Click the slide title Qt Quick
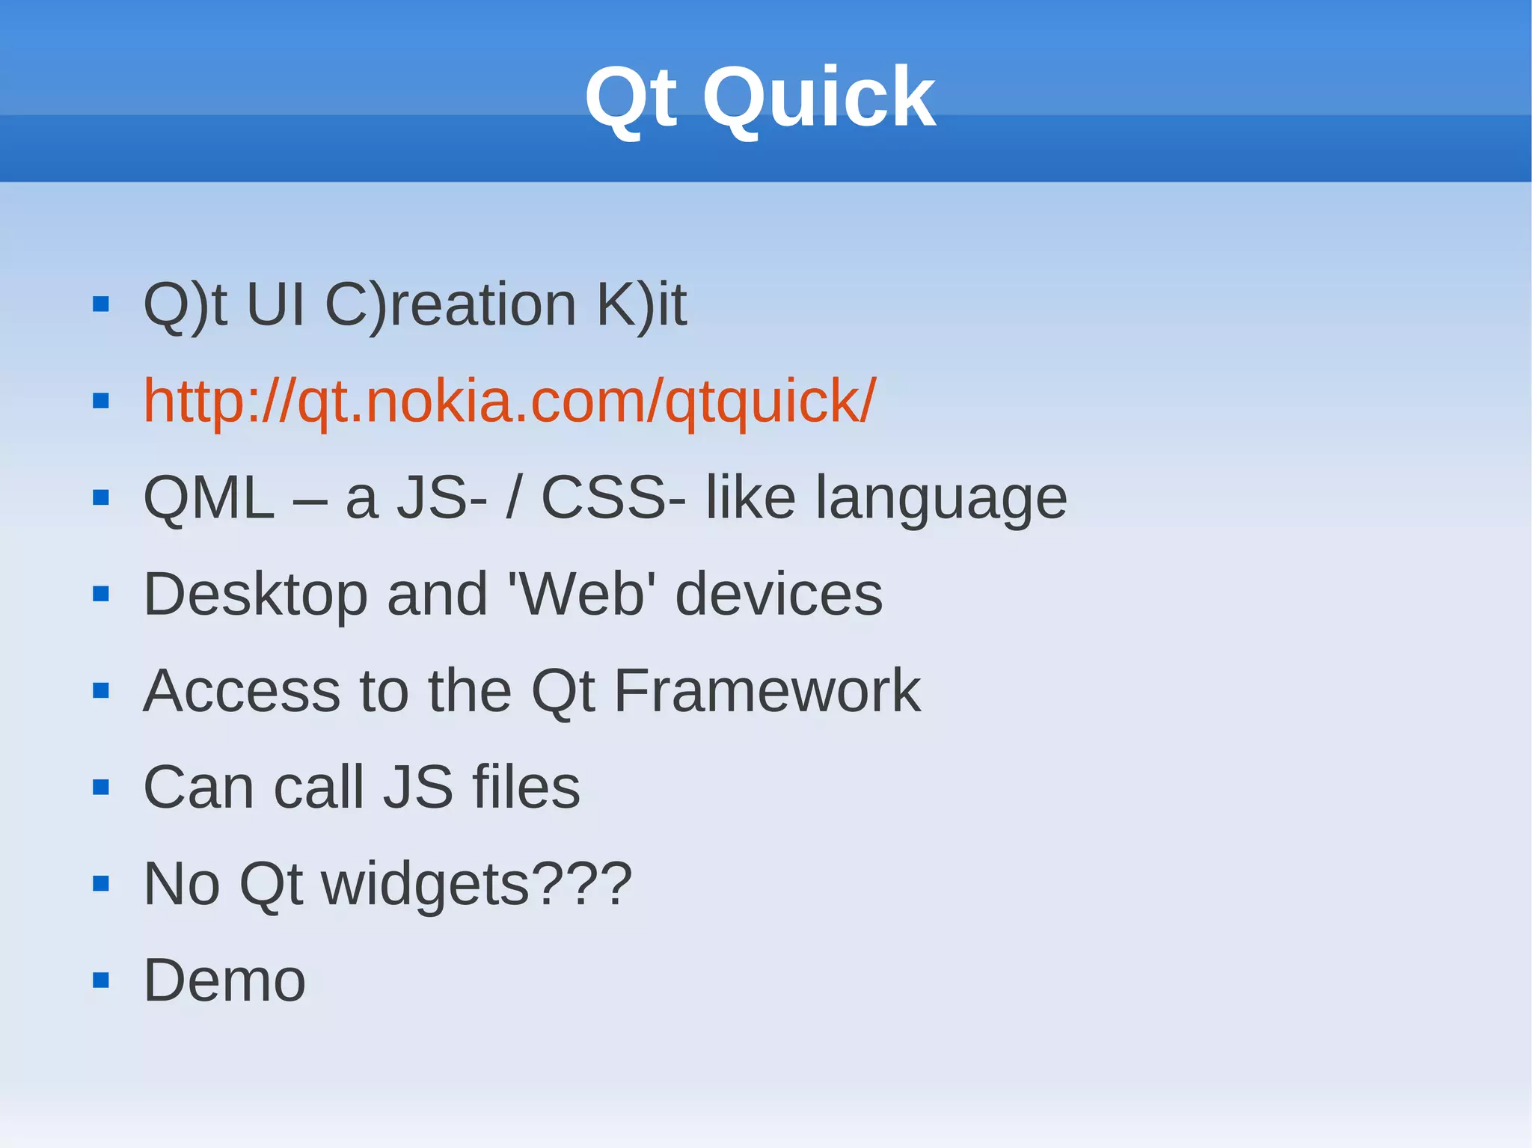(x=759, y=98)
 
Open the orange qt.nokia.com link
(x=509, y=402)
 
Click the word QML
(x=209, y=498)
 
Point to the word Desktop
(x=255, y=595)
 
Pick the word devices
(x=779, y=595)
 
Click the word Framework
(x=767, y=691)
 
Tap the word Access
(x=242, y=691)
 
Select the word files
(x=526, y=788)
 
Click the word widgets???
(x=477, y=885)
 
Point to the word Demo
(x=224, y=980)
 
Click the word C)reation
(x=450, y=305)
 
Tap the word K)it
(x=641, y=305)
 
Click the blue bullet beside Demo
(x=101, y=980)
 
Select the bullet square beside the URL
(x=101, y=402)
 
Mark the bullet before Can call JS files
(x=101, y=788)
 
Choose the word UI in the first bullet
(x=275, y=305)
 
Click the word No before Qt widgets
(x=182, y=885)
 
